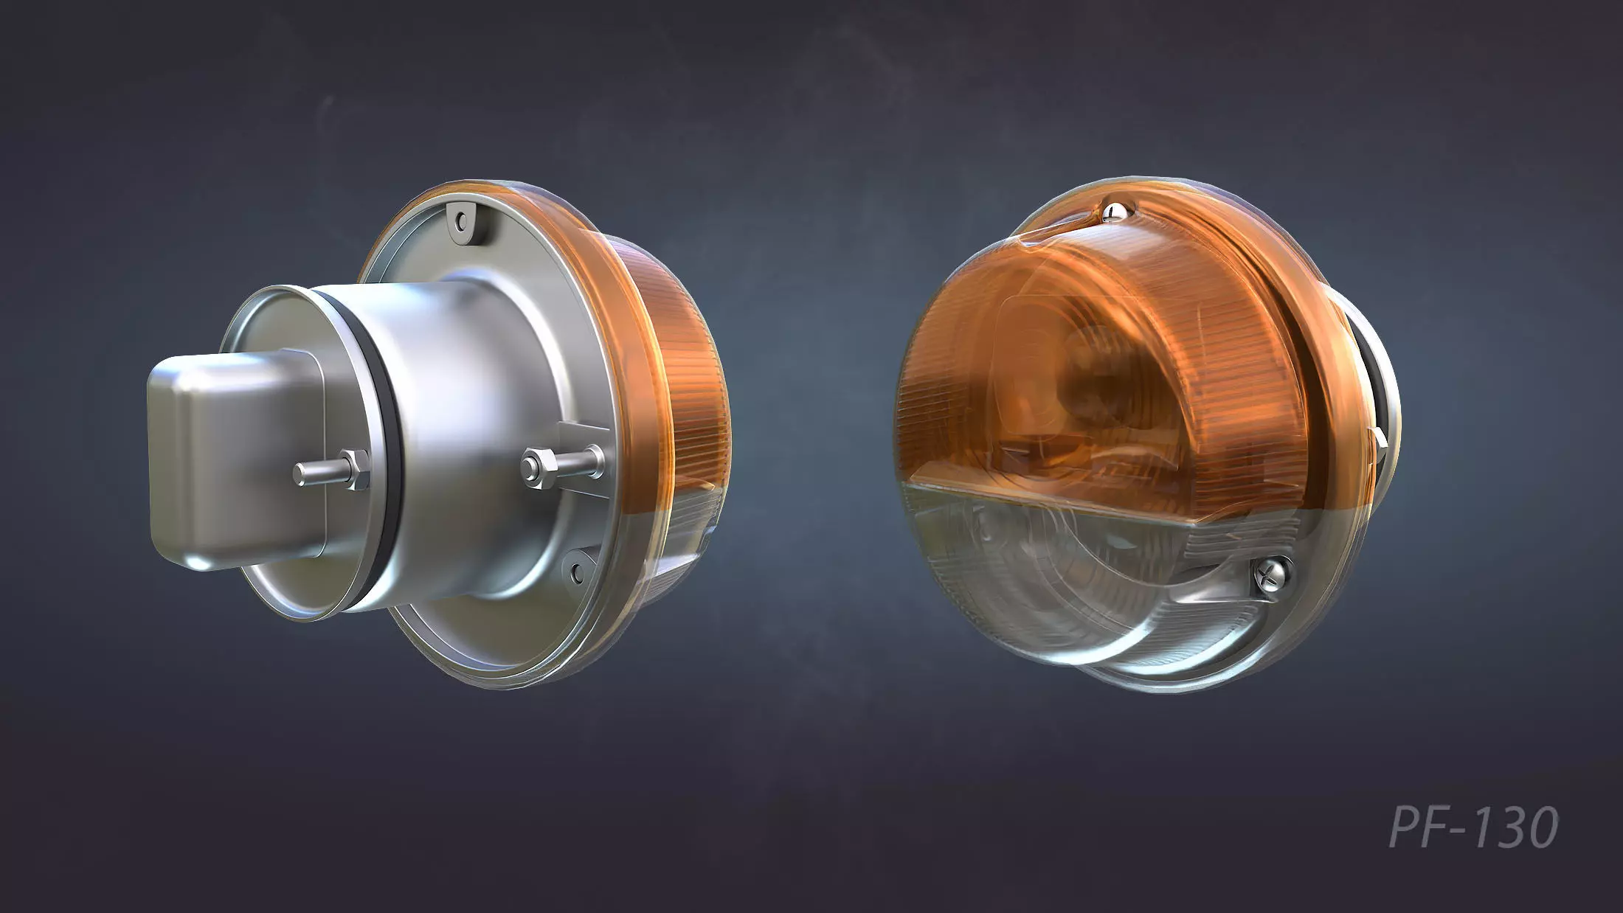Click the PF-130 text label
pyautogui.click(x=1473, y=827)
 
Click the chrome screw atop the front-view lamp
pyautogui.click(x=1113, y=213)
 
